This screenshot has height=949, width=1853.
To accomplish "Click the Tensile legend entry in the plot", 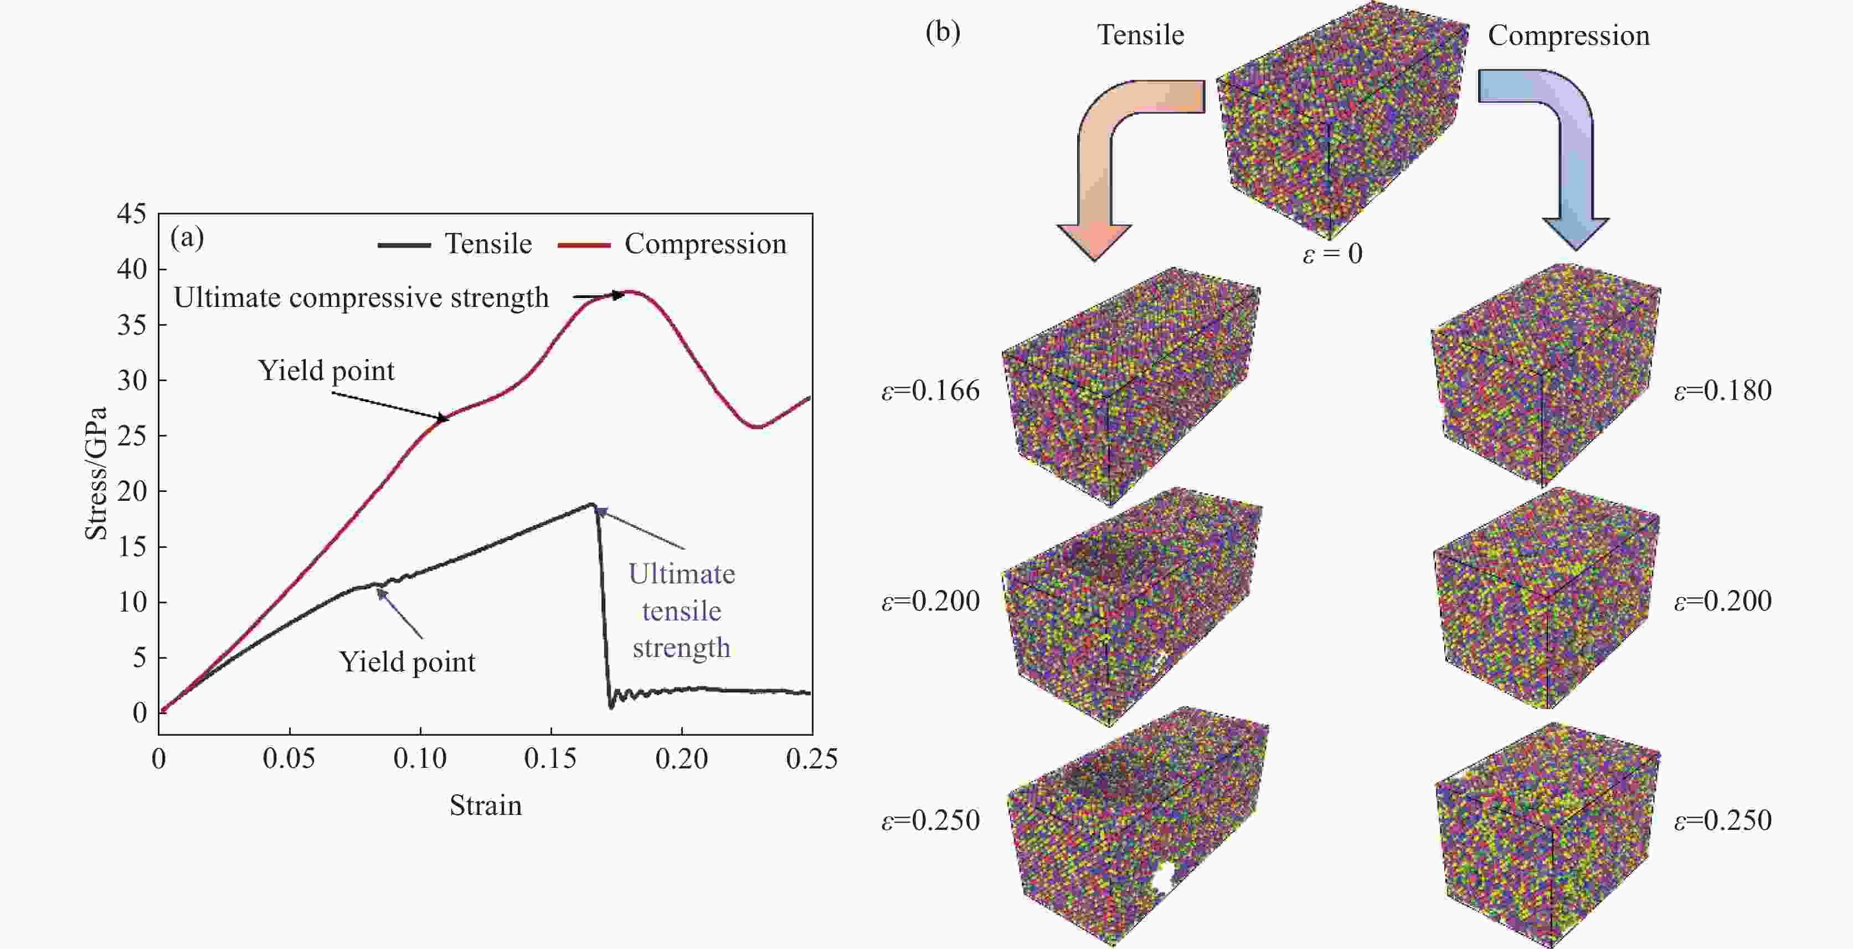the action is coord(455,244).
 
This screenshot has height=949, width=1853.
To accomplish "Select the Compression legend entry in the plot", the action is coord(672,244).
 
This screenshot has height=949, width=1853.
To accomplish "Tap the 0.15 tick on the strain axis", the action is coord(550,758).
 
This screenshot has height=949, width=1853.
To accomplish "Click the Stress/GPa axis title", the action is coord(96,474).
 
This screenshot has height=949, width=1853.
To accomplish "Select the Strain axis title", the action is coord(486,805).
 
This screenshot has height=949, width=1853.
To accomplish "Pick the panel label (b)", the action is coord(943,32).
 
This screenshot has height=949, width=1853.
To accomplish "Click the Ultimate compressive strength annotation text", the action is coord(361,297).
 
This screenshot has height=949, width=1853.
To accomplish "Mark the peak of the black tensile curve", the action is coord(591,504).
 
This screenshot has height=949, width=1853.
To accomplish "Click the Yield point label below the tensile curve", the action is coord(407,662).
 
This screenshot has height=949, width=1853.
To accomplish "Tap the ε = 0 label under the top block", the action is coord(1332,253).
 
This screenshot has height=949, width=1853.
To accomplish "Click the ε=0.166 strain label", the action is coord(931,391).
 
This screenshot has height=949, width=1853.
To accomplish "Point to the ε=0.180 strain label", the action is coord(1723,391).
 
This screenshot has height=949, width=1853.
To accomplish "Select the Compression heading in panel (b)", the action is coord(1568,35).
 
